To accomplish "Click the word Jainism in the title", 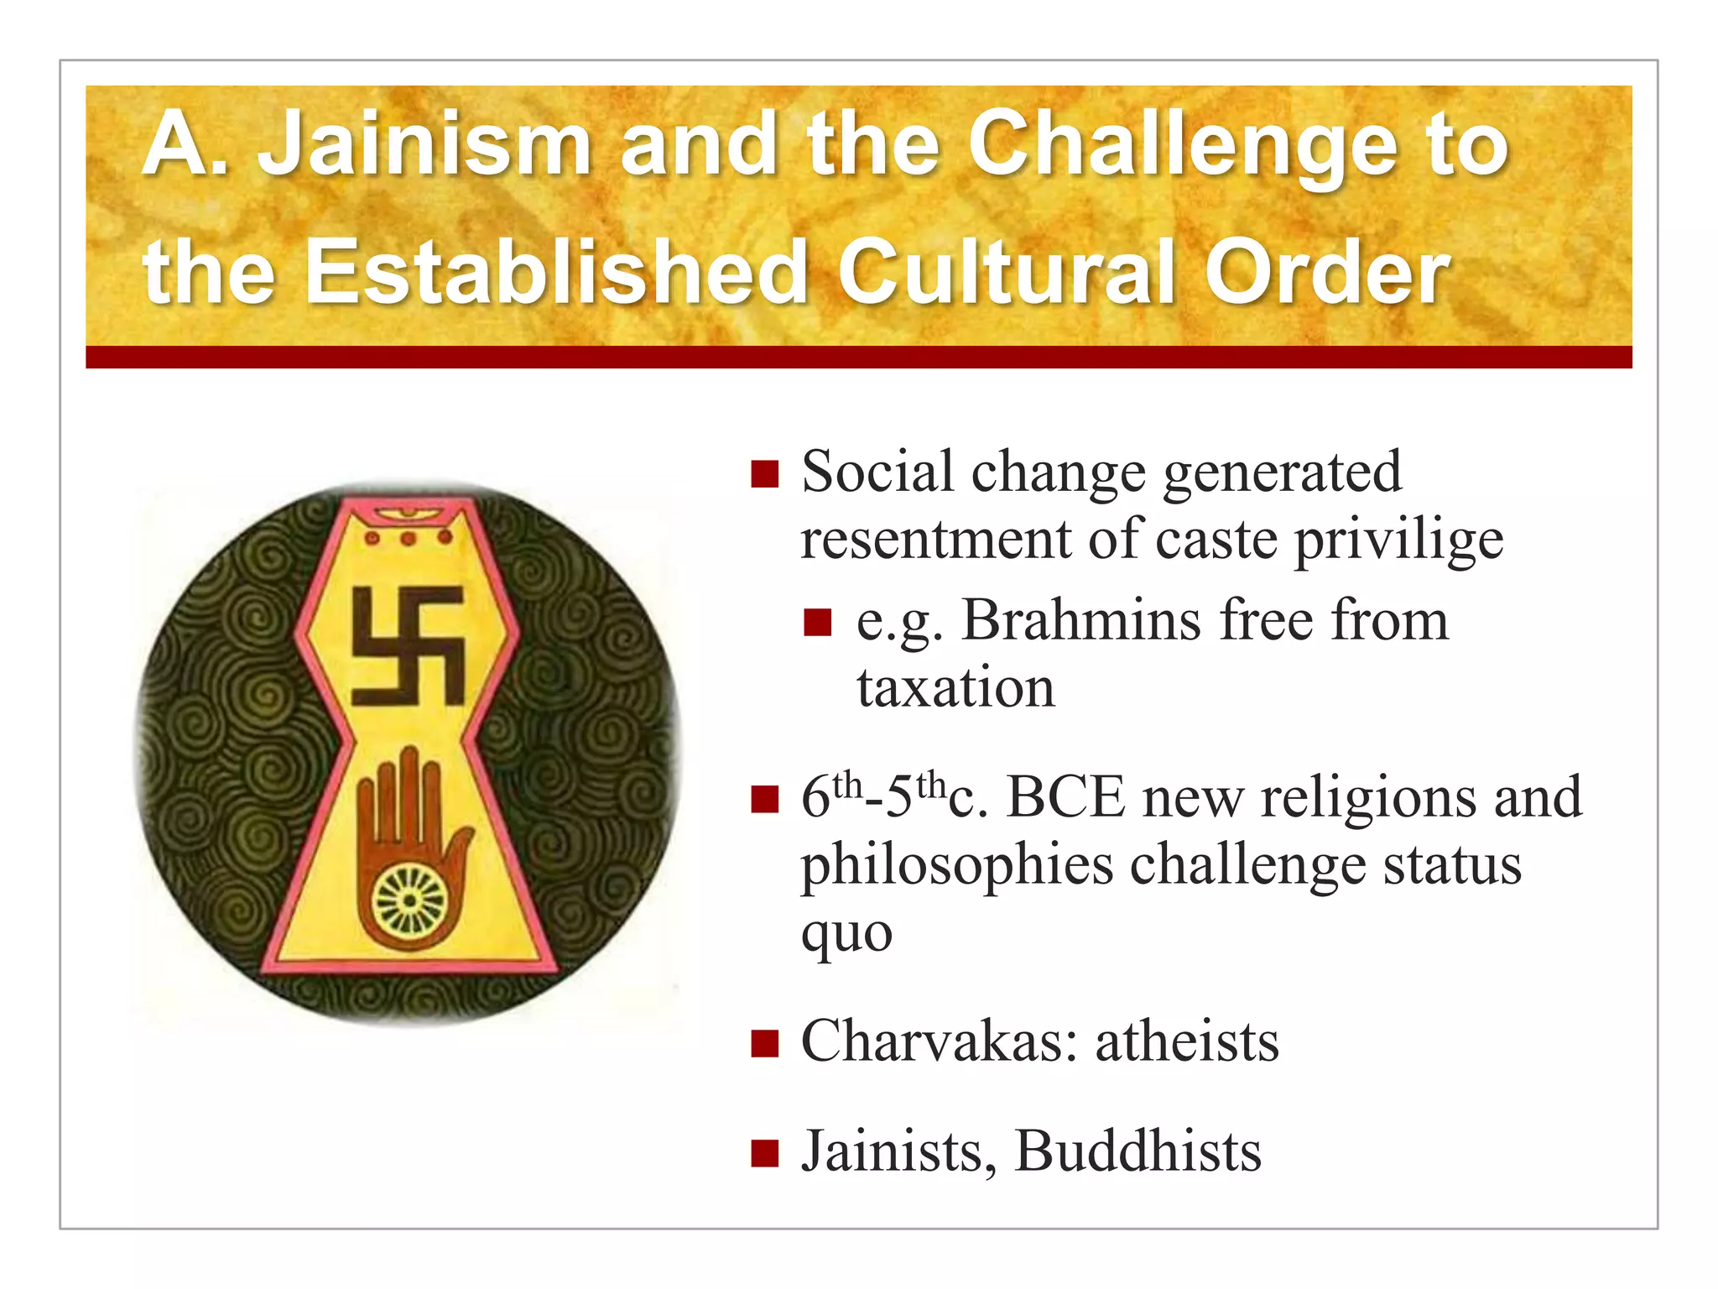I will pos(424,144).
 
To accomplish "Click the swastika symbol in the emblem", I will pos(408,645).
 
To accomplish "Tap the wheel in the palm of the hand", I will pos(409,900).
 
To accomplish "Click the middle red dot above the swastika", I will pos(408,538).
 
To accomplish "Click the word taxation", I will pos(955,687).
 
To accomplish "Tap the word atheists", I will pos(1187,1041).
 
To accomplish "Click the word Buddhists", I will pos(1138,1151).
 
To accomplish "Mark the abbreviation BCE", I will pos(1065,796).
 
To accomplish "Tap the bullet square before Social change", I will pos(765,473).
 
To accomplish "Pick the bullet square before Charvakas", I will pos(765,1044).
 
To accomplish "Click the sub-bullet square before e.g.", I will pos(817,623).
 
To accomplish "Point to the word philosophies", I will pos(956,866).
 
